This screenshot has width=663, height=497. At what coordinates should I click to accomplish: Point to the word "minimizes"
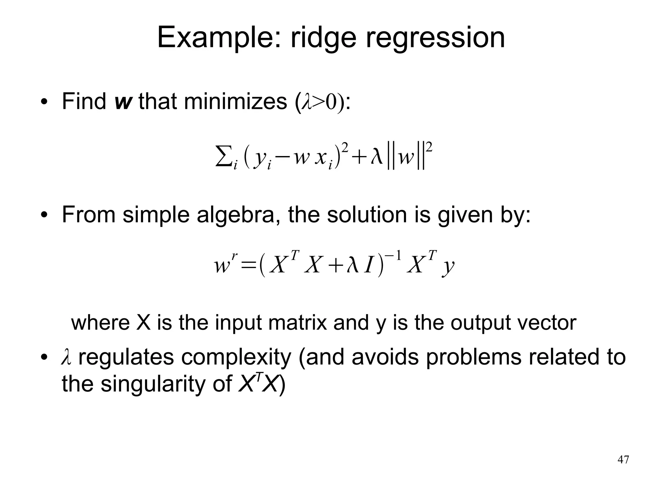coord(235,101)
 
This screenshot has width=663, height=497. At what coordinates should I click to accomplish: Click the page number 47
coord(623,460)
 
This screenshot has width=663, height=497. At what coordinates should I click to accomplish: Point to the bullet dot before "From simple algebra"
coord(44,216)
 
